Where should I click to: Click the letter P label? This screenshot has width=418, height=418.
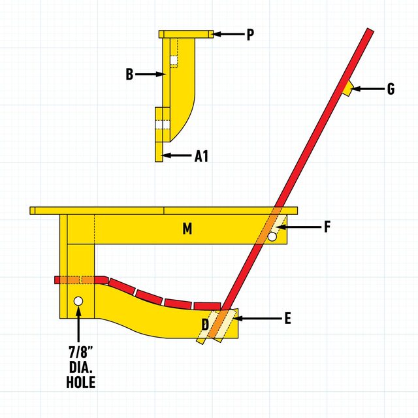pyautogui.click(x=249, y=35)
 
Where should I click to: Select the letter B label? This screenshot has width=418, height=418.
pyautogui.click(x=130, y=74)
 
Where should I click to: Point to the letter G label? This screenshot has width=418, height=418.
pyautogui.click(x=391, y=89)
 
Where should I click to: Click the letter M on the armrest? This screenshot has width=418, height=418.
pyautogui.click(x=187, y=229)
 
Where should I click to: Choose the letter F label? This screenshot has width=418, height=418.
pyautogui.click(x=328, y=227)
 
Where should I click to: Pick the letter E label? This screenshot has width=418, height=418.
pyautogui.click(x=287, y=319)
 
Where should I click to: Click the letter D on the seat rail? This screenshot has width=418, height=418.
pyautogui.click(x=205, y=324)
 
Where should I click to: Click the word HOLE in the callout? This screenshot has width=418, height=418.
pyautogui.click(x=80, y=383)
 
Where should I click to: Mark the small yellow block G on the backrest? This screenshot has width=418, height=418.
pyautogui.click(x=348, y=88)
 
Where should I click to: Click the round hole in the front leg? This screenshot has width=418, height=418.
pyautogui.click(x=78, y=301)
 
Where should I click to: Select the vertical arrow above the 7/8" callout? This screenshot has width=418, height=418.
pyautogui.click(x=79, y=324)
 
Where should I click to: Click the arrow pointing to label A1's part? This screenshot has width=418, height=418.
pyautogui.click(x=176, y=155)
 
